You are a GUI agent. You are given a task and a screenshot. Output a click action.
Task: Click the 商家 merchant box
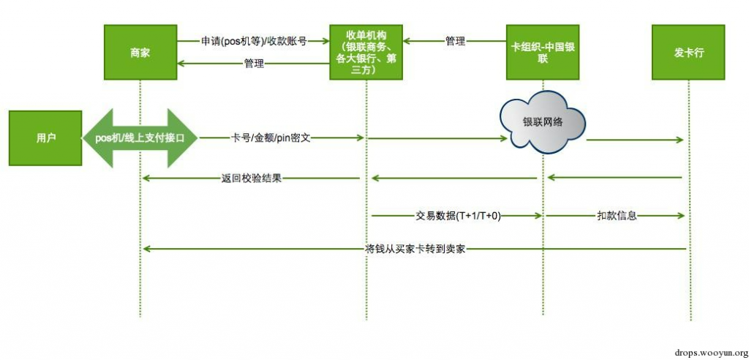pyautogui.click(x=140, y=53)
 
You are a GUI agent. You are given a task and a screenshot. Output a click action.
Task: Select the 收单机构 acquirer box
pyautogui.click(x=365, y=52)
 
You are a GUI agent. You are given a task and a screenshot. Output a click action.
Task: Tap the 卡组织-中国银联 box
pyautogui.click(x=542, y=53)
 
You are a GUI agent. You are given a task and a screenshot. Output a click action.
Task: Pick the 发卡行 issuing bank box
pyautogui.click(x=688, y=53)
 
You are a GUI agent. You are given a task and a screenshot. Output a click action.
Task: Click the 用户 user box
pyautogui.click(x=45, y=138)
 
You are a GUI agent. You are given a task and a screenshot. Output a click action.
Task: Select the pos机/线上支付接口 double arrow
pyautogui.click(x=140, y=138)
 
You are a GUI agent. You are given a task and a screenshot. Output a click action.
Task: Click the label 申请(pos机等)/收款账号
pyautogui.click(x=254, y=42)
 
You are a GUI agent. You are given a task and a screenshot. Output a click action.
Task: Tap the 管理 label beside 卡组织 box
pyautogui.click(x=455, y=42)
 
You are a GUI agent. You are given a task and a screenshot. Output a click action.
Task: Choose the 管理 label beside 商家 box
pyautogui.click(x=254, y=65)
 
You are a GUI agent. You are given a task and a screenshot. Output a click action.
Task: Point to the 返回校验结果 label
pyautogui.click(x=251, y=177)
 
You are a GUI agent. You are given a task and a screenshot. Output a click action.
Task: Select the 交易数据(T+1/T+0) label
pyautogui.click(x=458, y=216)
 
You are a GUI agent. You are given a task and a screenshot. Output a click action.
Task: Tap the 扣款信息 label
pyautogui.click(x=616, y=216)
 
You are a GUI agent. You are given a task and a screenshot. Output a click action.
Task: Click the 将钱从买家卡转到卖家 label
pyautogui.click(x=415, y=249)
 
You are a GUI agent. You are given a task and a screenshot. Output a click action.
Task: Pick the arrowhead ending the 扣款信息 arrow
pyautogui.click(x=682, y=216)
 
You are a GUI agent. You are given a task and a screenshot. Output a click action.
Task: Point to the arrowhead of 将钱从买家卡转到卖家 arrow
pyautogui.click(x=147, y=250)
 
